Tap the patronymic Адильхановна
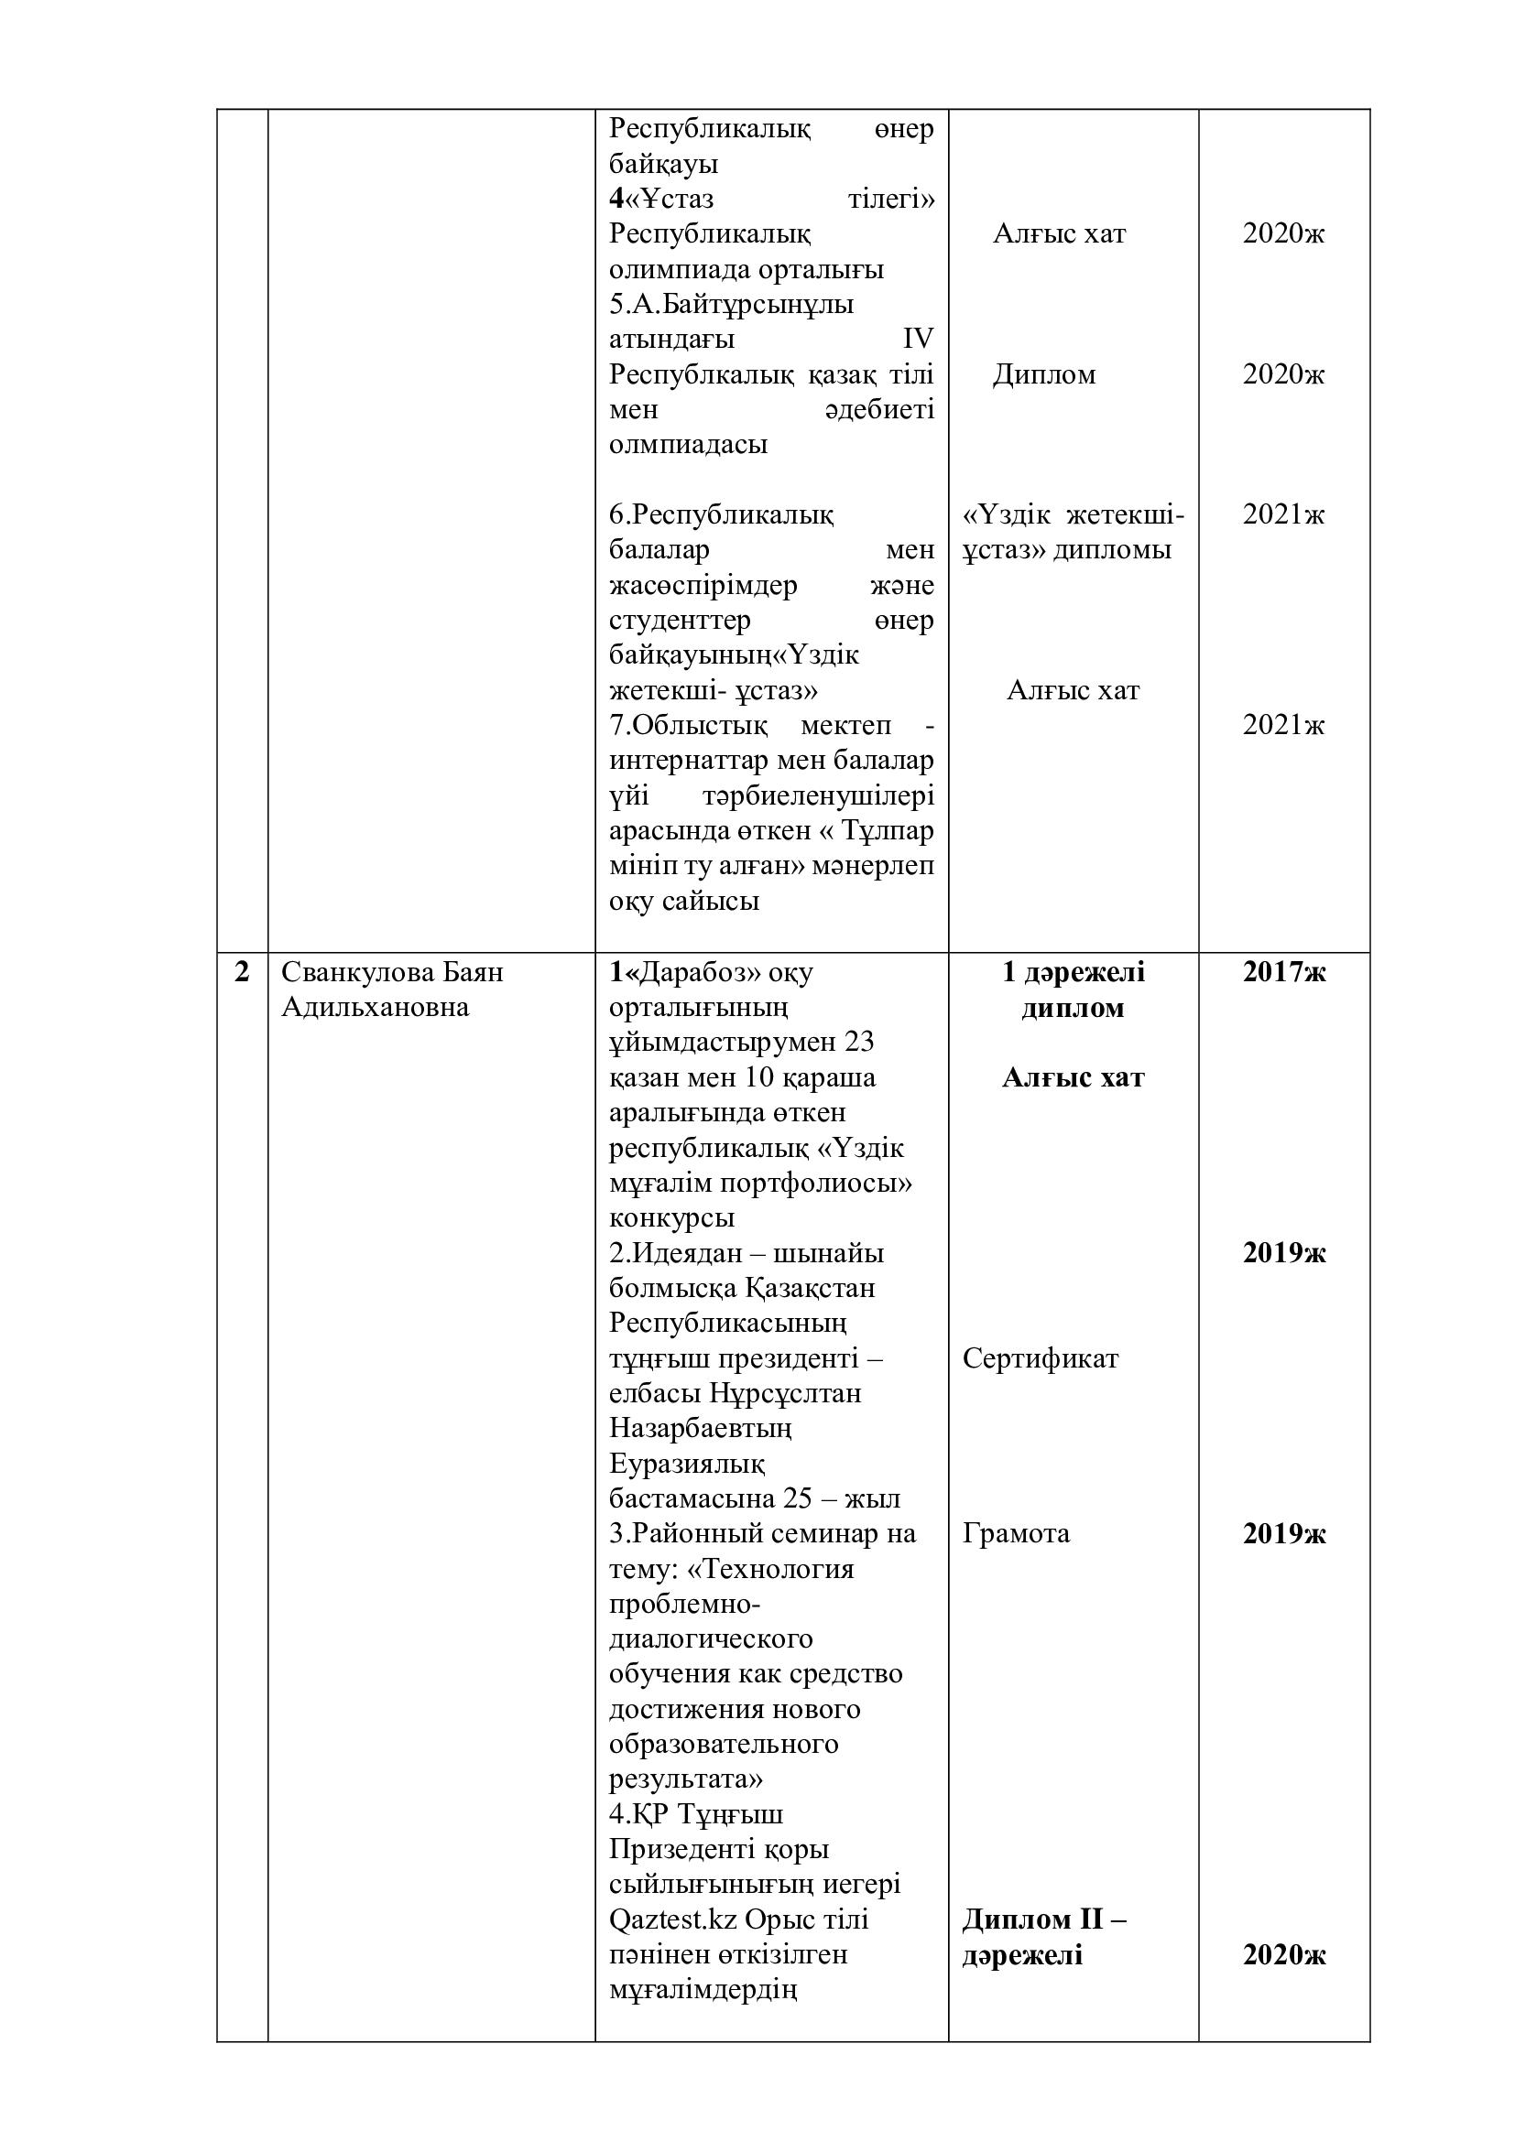click(375, 1008)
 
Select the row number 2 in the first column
click(243, 973)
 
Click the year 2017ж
click(1283, 973)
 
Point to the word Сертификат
click(1041, 1358)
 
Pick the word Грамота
click(1016, 1534)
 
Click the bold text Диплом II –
click(1045, 1919)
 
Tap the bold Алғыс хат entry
click(1073, 1078)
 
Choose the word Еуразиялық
click(687, 1464)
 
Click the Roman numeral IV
click(918, 340)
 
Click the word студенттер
click(680, 621)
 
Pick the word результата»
click(686, 1779)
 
